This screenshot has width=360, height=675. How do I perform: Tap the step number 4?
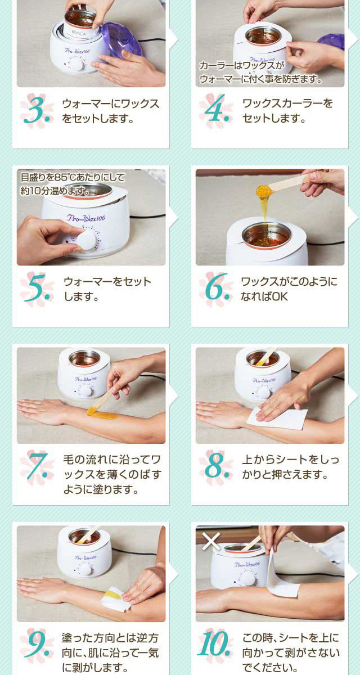pyautogui.click(x=215, y=109)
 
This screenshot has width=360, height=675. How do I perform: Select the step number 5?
pyautogui.click(x=37, y=287)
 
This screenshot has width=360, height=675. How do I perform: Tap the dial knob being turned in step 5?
pyautogui.click(x=87, y=240)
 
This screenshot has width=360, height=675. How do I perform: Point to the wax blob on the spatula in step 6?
pyautogui.click(x=264, y=191)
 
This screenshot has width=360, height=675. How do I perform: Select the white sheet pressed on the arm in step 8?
pyautogui.click(x=277, y=419)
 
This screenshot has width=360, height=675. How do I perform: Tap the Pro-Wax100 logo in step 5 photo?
pyautogui.click(x=86, y=218)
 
